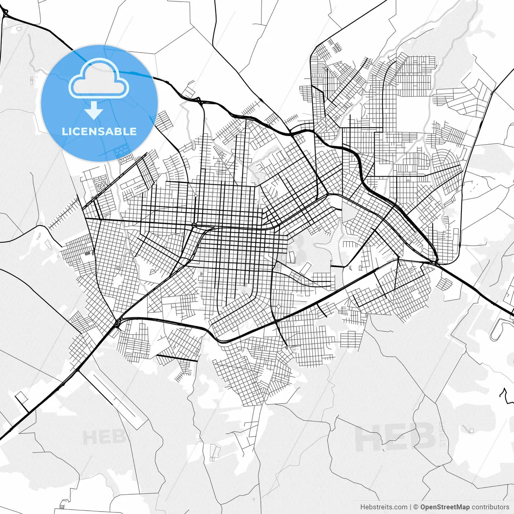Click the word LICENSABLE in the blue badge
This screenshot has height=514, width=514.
pos(99,131)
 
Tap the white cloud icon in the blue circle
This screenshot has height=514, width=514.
pos(99,79)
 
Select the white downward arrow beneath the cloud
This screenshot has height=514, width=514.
pos(94,110)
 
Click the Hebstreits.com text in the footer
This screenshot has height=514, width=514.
pos(383,507)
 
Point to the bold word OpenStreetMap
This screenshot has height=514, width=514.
pos(445,507)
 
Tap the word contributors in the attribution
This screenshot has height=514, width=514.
pos(490,507)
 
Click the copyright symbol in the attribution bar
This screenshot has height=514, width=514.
pos(416,507)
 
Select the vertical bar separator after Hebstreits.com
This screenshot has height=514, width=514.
pos(410,507)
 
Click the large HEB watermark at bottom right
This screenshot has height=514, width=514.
pos(396,437)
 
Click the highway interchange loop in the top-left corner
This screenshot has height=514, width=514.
pos(5,13)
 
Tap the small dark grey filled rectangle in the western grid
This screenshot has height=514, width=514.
pos(87,253)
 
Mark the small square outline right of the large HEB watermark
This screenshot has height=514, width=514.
pos(471,431)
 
